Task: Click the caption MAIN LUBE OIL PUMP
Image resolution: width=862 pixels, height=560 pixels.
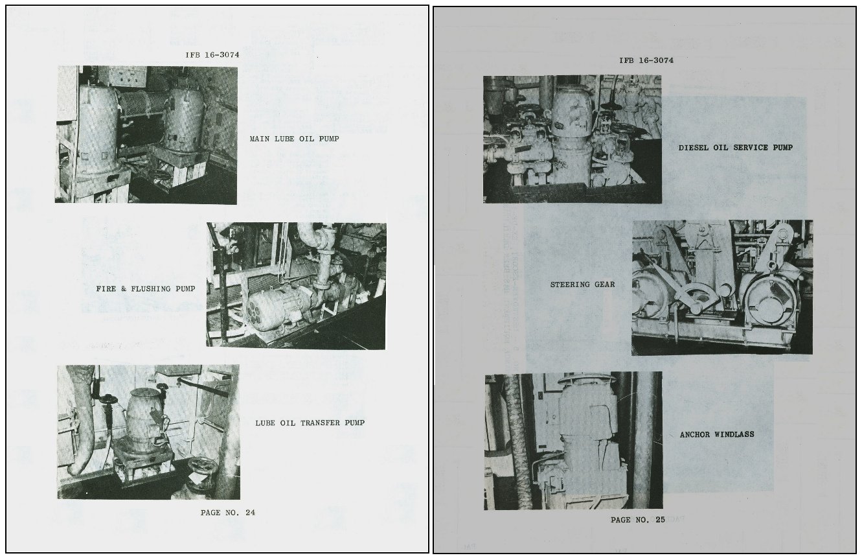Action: (x=295, y=139)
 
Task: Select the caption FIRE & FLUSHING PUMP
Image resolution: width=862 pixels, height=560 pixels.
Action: (x=146, y=289)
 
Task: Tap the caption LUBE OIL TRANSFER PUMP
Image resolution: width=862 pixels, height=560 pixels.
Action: (x=310, y=423)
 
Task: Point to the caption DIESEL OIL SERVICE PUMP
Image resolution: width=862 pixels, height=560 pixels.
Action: (x=736, y=148)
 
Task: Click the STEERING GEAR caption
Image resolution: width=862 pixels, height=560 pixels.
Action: (x=583, y=285)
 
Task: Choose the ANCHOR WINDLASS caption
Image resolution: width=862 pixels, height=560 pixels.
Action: (x=717, y=434)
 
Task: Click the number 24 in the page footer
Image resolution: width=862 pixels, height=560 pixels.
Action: (x=251, y=513)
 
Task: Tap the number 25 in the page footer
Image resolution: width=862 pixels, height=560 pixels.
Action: (x=661, y=520)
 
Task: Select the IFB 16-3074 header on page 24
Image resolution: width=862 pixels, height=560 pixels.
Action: (x=212, y=55)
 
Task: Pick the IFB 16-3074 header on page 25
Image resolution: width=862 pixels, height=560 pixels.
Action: (x=646, y=60)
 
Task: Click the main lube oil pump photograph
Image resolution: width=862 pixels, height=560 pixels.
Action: (x=146, y=135)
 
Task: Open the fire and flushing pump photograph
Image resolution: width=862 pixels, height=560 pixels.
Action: (x=297, y=286)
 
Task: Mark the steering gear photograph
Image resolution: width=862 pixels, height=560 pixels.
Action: (x=722, y=287)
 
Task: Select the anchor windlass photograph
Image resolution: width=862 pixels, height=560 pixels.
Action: (x=573, y=441)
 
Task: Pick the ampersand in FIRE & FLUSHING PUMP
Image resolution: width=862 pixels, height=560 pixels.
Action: (x=124, y=289)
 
